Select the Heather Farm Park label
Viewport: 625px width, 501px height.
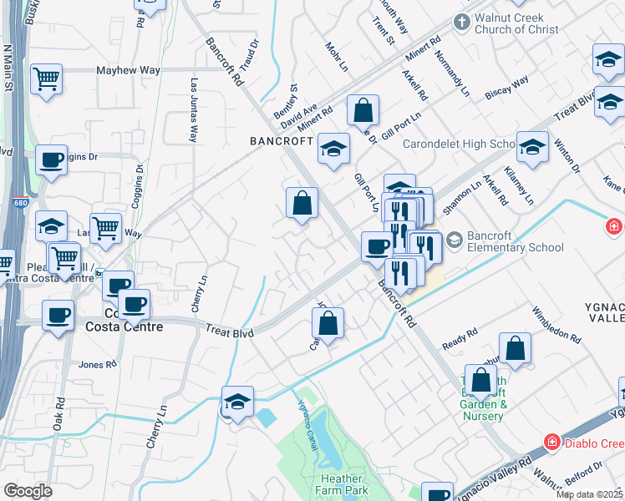pyautogui.click(x=343, y=484)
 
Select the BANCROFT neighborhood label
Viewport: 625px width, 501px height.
pyautogui.click(x=281, y=142)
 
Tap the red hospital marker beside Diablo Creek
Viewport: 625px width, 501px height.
pyautogui.click(x=551, y=441)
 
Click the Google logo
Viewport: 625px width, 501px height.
pyautogui.click(x=28, y=490)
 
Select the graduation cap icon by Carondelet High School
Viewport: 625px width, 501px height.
pyautogui.click(x=531, y=147)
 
